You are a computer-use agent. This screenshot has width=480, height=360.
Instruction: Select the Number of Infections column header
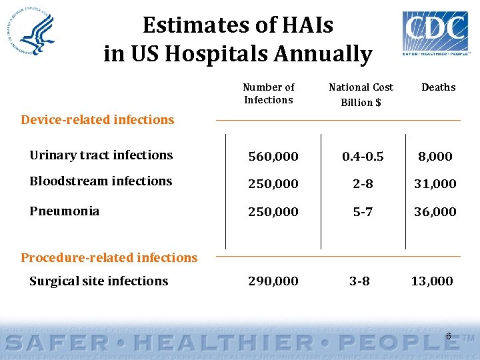(268, 93)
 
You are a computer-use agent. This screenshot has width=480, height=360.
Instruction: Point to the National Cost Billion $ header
(361, 94)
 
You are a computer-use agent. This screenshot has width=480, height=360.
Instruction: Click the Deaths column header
(438, 87)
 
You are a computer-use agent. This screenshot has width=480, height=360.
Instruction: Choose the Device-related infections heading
(97, 120)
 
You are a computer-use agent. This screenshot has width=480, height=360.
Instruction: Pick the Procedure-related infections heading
(109, 257)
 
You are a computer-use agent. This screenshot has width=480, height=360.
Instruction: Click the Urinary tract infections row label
(101, 155)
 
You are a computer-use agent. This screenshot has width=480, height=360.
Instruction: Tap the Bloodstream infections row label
(101, 181)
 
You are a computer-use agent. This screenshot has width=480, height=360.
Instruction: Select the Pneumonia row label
(64, 211)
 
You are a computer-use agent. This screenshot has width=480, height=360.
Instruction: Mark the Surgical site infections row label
(99, 281)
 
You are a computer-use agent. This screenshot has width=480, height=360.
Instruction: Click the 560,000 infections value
(273, 157)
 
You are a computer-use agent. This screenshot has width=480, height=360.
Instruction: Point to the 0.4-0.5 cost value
(362, 157)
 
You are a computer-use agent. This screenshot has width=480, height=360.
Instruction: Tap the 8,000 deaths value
(435, 157)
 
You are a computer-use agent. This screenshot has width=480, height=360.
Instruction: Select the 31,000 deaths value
(435, 184)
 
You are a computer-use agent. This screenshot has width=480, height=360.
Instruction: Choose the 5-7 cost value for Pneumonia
(362, 212)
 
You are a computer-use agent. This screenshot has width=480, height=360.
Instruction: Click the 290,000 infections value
(273, 281)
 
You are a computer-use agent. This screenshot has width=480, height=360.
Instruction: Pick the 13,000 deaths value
(431, 281)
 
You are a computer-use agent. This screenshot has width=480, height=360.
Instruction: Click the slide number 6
(448, 337)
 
